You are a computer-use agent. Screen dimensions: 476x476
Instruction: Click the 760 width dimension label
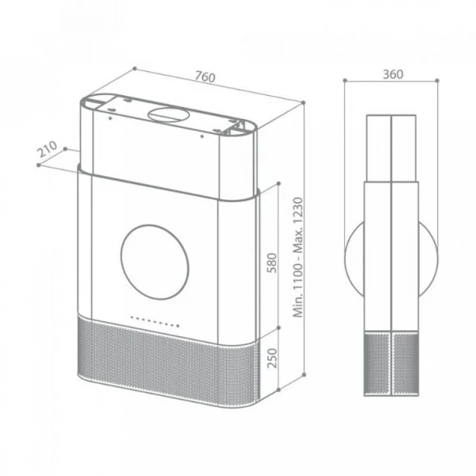coord(205,76)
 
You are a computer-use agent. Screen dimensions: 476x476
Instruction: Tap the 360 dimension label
coord(393,75)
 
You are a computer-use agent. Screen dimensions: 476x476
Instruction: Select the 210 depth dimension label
coord(47,148)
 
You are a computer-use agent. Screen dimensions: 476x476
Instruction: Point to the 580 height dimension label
coord(272,263)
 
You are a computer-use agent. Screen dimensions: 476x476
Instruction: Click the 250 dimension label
coord(272,359)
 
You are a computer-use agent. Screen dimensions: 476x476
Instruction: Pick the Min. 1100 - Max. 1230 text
coord(298,257)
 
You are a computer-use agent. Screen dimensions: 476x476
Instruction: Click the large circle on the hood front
coord(155,263)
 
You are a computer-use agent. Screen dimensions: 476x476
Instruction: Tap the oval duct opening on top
coord(168,115)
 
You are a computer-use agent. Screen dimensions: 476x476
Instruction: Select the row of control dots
coord(155,322)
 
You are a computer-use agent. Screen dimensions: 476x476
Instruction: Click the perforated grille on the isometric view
coord(168,361)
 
